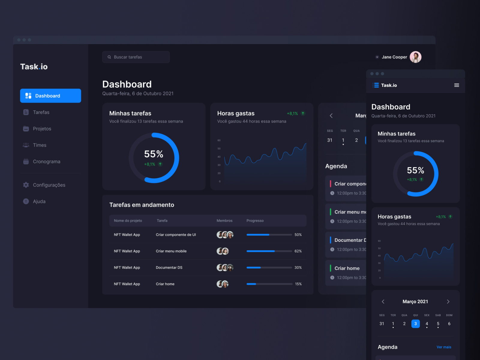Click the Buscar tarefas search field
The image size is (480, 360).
point(136,57)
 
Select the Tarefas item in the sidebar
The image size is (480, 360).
point(41,112)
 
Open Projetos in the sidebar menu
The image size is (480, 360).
point(42,129)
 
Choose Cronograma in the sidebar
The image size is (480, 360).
point(46,161)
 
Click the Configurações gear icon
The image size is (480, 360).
point(26,185)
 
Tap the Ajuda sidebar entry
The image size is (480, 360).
point(39,201)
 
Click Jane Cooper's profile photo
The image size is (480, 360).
point(415,57)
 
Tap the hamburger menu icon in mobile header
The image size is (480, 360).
point(457,85)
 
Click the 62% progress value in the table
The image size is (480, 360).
point(298,251)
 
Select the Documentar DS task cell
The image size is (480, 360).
point(169,268)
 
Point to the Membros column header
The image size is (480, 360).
point(224,220)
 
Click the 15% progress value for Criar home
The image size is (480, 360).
point(298,284)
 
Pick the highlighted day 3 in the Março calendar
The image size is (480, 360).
point(415,324)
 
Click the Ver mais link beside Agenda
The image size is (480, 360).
point(444,347)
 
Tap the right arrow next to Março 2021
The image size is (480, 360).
point(448,301)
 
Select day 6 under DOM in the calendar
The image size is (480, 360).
point(449,324)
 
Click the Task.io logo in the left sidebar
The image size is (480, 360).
point(34,67)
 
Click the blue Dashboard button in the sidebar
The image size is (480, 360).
point(50,96)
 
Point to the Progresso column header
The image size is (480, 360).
point(255,220)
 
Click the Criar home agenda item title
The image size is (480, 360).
point(347,268)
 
